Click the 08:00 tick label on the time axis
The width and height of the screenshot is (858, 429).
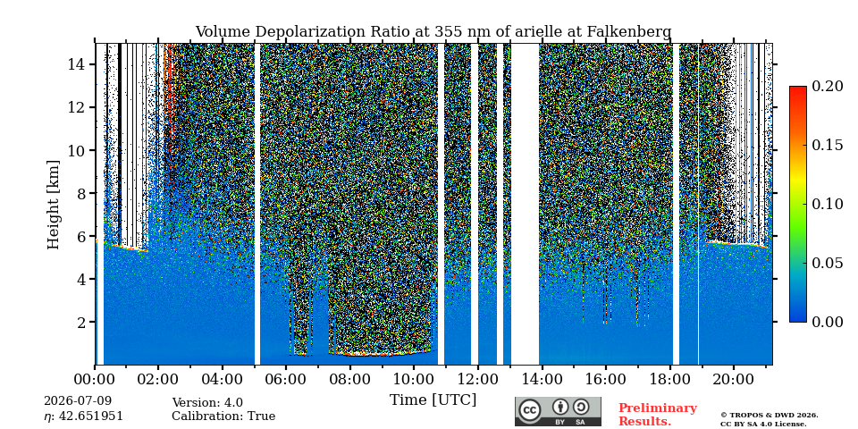click(x=349, y=379)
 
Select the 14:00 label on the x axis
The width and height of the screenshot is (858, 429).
click(x=542, y=379)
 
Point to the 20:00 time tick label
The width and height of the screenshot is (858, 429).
click(x=733, y=379)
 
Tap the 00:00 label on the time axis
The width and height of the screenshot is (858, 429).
click(x=95, y=379)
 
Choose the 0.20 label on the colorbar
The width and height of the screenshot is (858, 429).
click(x=827, y=86)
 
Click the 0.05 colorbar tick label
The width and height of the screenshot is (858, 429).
click(x=827, y=263)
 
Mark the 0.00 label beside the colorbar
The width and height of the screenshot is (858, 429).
click(x=827, y=322)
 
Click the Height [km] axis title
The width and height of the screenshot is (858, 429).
click(x=53, y=205)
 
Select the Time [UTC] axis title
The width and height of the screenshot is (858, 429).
click(x=433, y=400)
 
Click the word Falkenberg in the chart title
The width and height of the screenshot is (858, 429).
click(x=629, y=32)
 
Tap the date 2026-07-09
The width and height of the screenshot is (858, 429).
click(x=78, y=401)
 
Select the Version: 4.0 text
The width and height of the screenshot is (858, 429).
click(x=207, y=403)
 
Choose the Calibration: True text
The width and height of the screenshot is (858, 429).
click(x=223, y=416)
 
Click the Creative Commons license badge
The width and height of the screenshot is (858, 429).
click(x=558, y=411)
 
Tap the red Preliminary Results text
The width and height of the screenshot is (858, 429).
click(x=658, y=414)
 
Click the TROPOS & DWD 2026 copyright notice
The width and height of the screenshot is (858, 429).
click(x=770, y=416)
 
